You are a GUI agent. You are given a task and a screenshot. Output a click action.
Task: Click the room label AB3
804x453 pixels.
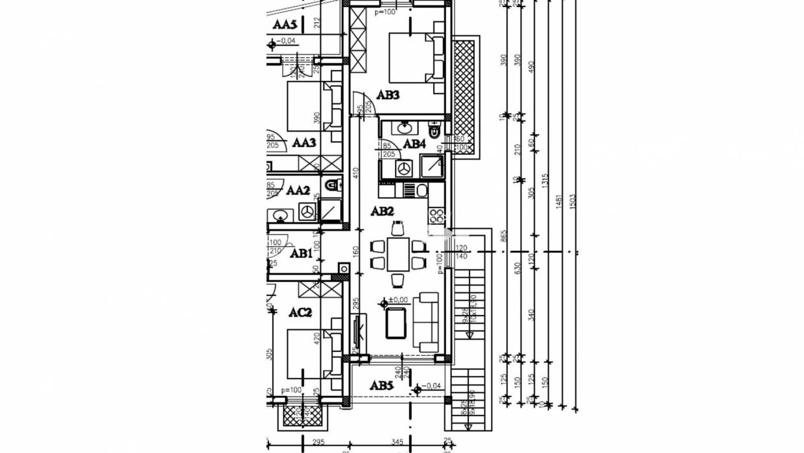pyautogui.click(x=388, y=95)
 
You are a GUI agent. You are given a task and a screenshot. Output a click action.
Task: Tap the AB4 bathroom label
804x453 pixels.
pyautogui.click(x=414, y=144)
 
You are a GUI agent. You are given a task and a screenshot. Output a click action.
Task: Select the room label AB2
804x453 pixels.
pyautogui.click(x=382, y=211)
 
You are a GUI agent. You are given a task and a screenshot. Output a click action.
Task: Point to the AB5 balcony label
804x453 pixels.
pyautogui.click(x=381, y=386)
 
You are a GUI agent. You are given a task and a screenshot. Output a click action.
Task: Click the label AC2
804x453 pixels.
pyautogui.click(x=300, y=312)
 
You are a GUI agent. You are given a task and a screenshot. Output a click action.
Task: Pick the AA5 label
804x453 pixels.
pyautogui.click(x=285, y=25)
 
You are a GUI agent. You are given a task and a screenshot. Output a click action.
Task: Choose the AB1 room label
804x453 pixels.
pyautogui.click(x=301, y=253)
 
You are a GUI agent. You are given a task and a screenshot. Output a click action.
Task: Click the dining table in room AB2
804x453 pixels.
pyautogui.click(x=398, y=254)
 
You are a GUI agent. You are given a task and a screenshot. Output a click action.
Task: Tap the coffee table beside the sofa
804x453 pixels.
pyautogui.click(x=396, y=323)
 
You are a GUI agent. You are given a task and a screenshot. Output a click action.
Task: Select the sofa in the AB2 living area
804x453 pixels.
pyautogui.click(x=428, y=322)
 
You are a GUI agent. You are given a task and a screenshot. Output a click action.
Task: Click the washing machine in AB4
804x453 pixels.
pyautogui.click(x=403, y=168)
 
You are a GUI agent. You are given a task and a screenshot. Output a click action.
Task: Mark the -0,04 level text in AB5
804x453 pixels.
pyautogui.click(x=431, y=388)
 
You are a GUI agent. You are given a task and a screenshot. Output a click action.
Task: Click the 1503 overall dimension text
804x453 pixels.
pyautogui.click(x=573, y=201)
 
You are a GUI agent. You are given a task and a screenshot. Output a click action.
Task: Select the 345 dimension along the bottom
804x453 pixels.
pyautogui.click(x=397, y=443)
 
